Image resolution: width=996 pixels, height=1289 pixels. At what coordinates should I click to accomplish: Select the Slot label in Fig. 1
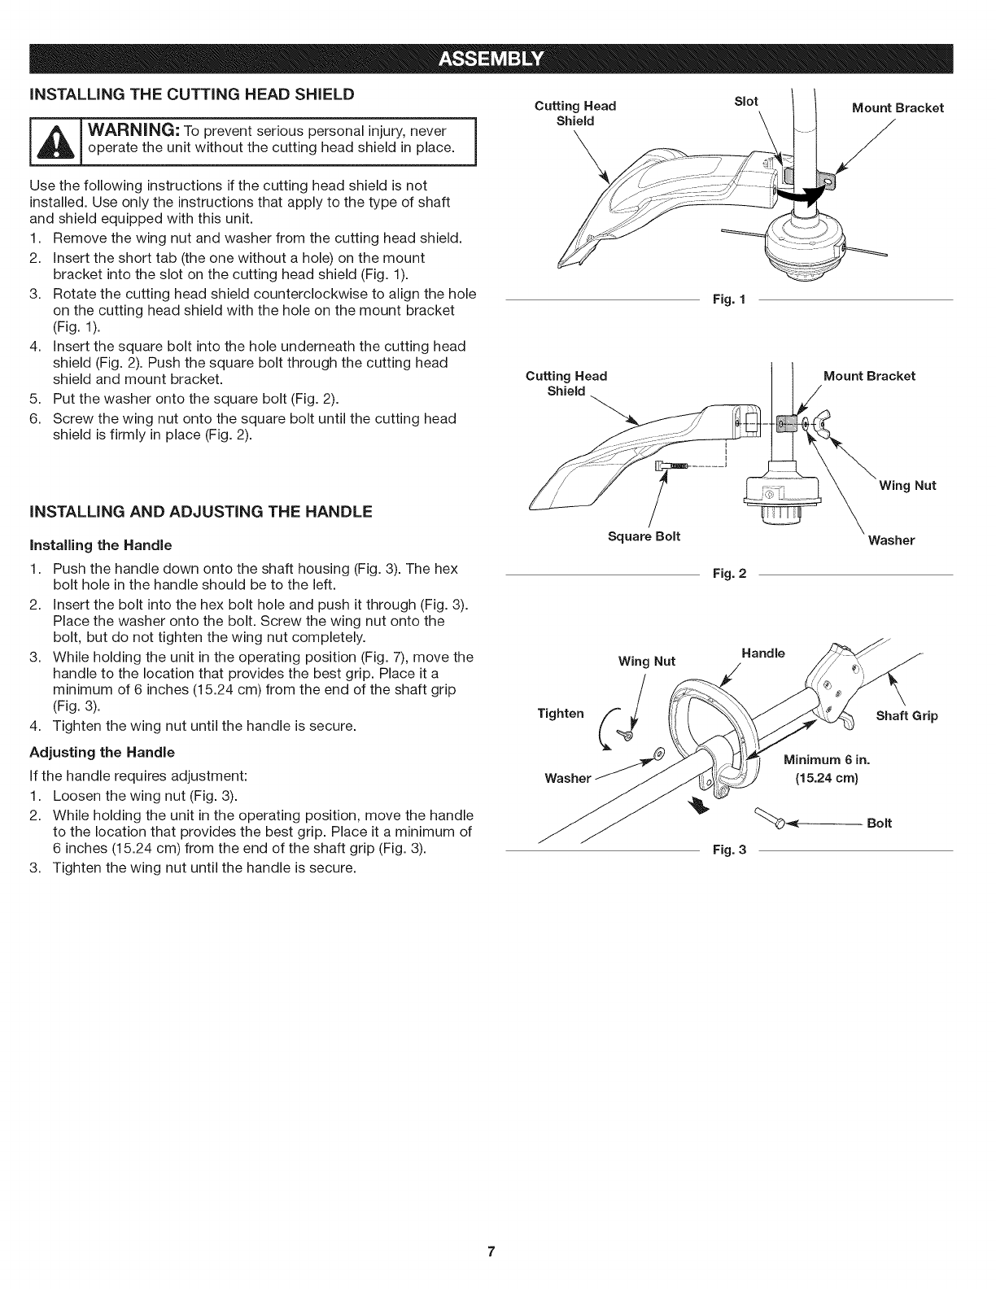pyautogui.click(x=745, y=101)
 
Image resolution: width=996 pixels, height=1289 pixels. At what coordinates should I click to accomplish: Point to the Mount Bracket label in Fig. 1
pyautogui.click(x=898, y=107)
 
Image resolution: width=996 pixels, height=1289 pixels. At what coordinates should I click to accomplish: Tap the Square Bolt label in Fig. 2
pyautogui.click(x=644, y=535)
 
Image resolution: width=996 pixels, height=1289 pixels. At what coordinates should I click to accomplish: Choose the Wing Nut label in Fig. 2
pyautogui.click(x=907, y=486)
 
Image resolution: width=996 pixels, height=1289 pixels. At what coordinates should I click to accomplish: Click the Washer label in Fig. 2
pyautogui.click(x=891, y=540)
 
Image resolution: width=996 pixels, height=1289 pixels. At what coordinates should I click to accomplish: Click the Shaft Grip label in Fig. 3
pyautogui.click(x=906, y=716)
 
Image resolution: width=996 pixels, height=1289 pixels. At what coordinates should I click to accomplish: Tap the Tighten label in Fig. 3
pyautogui.click(x=561, y=714)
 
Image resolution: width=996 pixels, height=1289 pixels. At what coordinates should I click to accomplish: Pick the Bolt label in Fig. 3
pyautogui.click(x=880, y=823)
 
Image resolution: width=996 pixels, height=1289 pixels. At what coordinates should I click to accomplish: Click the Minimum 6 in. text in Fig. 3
pyautogui.click(x=827, y=760)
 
